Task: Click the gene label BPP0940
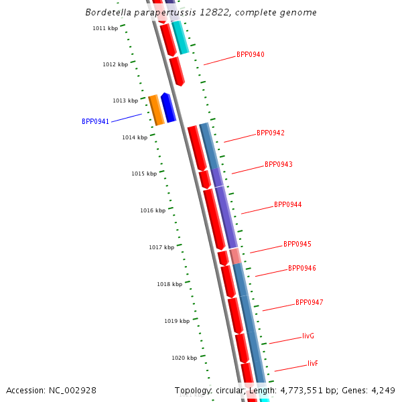pos(250,54)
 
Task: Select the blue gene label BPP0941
pos(95,121)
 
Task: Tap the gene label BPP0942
pos(270,133)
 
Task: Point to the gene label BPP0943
pos(278,164)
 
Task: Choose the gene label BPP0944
pos(287,204)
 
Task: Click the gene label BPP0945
pos(297,245)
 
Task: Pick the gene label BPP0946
pos(301,268)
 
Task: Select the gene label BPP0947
pos(309,302)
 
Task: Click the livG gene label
pos(308,336)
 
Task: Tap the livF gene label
pos(313,363)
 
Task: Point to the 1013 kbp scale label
pos(125,100)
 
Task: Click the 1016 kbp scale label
pos(152,210)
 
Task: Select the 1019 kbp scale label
pos(177,321)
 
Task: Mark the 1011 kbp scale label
pos(105,28)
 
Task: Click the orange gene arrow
pos(156,110)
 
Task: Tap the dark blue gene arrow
pos(168,107)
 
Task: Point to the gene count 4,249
pos(383,390)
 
